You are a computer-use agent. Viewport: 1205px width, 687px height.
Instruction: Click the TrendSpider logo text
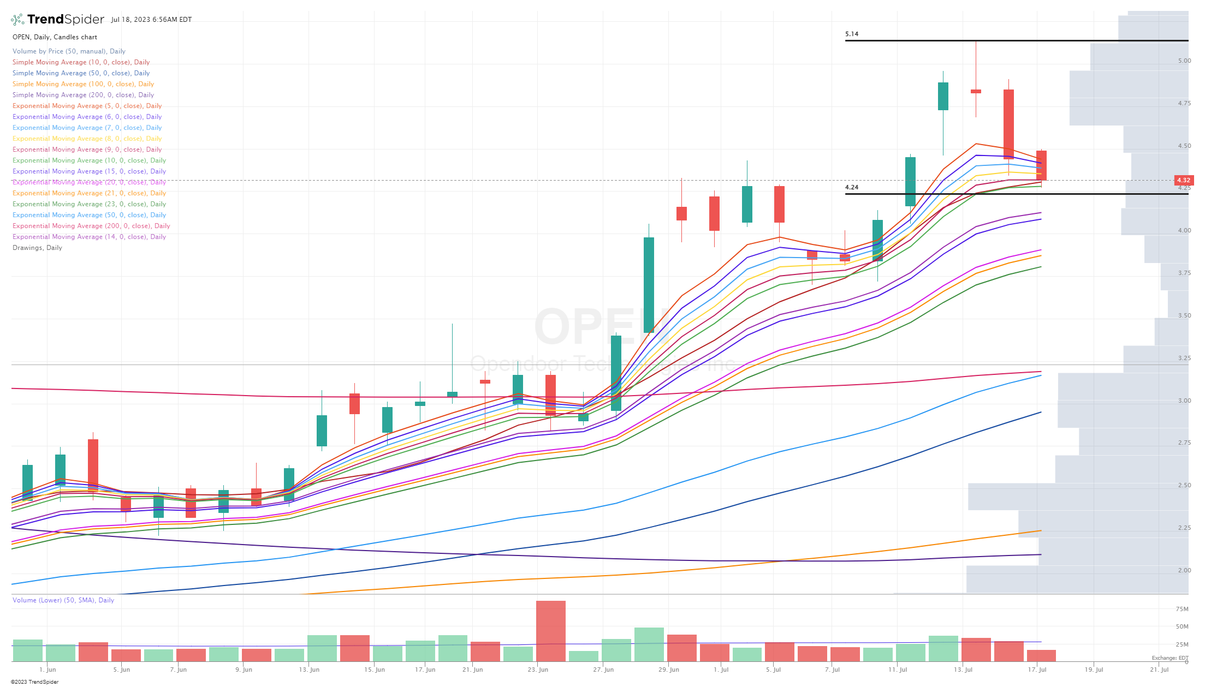point(65,20)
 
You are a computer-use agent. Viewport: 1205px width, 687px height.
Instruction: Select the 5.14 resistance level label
point(851,34)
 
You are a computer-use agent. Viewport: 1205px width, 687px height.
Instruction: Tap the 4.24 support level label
point(851,187)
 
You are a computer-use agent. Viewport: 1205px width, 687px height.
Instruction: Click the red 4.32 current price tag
point(1183,180)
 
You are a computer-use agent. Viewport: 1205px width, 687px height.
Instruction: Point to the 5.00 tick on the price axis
point(1184,61)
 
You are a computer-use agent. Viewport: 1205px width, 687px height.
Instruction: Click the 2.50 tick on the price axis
point(1184,485)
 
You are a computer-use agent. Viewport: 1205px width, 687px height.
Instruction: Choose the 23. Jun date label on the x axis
point(538,670)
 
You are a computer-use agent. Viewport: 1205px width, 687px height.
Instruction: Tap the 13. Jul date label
point(963,670)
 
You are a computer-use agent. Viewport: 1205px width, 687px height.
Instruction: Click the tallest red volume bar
point(550,630)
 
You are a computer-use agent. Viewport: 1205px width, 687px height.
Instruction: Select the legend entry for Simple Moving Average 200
point(83,95)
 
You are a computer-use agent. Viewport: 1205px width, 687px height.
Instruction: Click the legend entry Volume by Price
point(69,51)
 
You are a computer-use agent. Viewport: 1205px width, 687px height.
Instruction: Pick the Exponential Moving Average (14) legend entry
point(89,237)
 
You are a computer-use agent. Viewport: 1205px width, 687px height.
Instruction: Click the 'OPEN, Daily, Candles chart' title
point(55,37)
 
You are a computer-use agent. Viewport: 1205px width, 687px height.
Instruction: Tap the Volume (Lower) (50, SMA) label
point(63,600)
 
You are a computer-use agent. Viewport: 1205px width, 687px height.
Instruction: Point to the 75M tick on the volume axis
point(1182,609)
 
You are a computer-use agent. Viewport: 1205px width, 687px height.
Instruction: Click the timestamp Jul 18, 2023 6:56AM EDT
point(151,20)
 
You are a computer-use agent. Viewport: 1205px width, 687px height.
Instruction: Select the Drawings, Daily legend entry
point(37,248)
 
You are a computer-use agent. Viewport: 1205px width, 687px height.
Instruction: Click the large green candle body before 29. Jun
point(649,285)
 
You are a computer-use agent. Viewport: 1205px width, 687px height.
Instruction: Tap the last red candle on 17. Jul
point(1041,165)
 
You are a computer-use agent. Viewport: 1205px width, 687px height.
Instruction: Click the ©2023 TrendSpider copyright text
point(34,682)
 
